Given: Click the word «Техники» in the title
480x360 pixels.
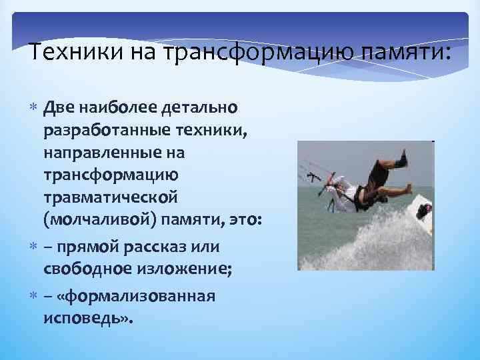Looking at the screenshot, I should tap(67, 52).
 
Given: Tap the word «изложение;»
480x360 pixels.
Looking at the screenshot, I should tap(175, 269).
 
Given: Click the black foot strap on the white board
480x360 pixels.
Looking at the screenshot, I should tap(424, 211).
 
